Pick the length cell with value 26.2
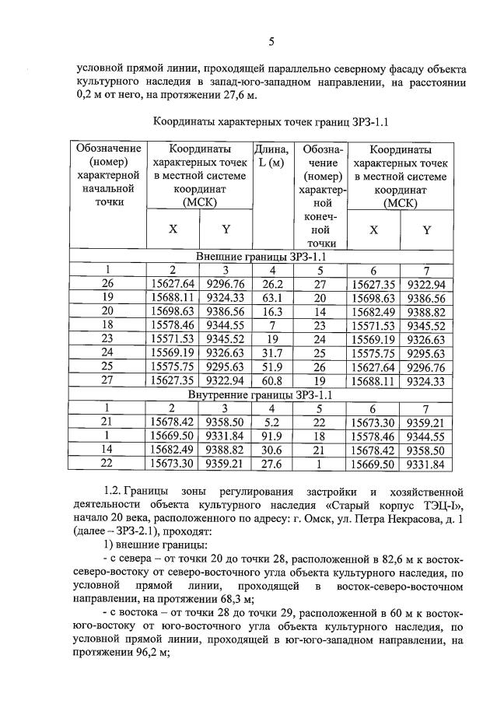271,284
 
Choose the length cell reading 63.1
271,297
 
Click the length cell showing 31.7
271,352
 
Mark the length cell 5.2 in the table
271,422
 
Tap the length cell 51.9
271,366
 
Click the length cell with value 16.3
271,311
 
